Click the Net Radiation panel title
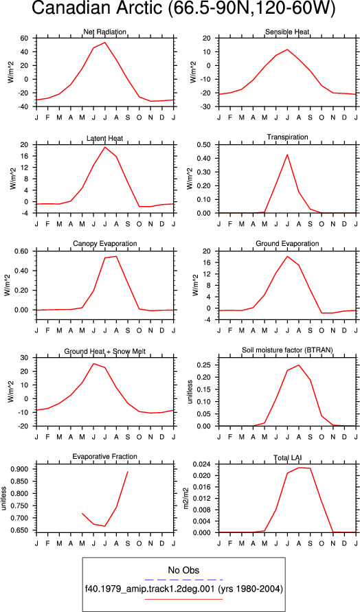(x=105, y=32)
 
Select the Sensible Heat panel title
(x=287, y=32)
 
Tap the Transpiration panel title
(x=287, y=137)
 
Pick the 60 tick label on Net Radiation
(x=25, y=38)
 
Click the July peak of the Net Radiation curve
(x=104, y=42)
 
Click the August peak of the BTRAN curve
(x=299, y=365)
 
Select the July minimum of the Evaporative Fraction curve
(x=104, y=526)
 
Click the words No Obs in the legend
(x=183, y=569)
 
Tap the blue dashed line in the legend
(x=183, y=580)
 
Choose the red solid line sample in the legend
(x=183, y=599)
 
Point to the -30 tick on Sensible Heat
(x=207, y=106)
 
